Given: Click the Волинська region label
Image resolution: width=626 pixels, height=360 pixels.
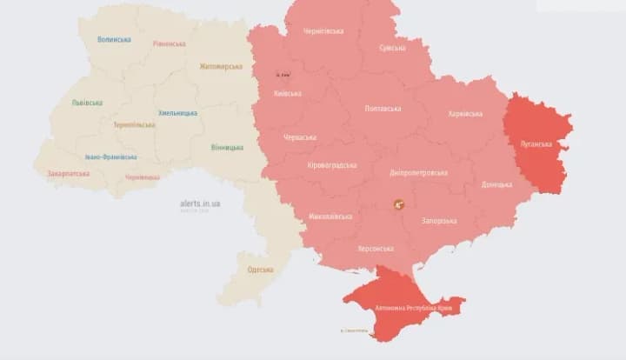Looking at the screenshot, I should [x=114, y=40].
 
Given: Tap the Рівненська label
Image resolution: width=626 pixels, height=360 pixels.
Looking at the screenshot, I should [x=169, y=43].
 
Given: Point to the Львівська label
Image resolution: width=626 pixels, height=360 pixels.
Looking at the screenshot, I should [x=87, y=103].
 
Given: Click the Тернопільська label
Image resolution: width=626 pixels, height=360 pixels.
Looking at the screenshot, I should [x=134, y=124].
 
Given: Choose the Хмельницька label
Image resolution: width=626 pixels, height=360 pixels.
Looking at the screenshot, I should [x=177, y=113].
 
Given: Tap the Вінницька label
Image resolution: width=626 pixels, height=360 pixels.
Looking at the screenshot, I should [x=227, y=147].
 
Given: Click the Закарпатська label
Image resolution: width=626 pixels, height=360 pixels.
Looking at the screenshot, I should [x=69, y=173].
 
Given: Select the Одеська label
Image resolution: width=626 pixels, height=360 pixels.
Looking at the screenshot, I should [x=260, y=270].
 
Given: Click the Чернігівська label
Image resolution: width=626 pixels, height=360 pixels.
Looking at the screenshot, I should [x=323, y=31].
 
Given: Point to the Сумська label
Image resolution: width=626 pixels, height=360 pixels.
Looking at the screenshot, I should [x=392, y=48].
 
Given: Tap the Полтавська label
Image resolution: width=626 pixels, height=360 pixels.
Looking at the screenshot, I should [x=383, y=109].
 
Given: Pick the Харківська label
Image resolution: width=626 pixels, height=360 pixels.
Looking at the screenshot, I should [x=465, y=114].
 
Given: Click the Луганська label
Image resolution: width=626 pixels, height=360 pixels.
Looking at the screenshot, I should [x=536, y=143].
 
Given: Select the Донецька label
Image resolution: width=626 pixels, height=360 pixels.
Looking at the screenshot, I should [x=496, y=184].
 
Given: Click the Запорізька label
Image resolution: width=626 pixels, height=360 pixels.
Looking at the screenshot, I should [x=438, y=221].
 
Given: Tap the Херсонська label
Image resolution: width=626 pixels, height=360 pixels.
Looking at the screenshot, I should [x=376, y=249].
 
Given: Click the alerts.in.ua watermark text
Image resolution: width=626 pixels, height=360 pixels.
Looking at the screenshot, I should [x=200, y=203].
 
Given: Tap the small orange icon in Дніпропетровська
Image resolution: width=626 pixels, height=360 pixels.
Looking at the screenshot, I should [x=399, y=204].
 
